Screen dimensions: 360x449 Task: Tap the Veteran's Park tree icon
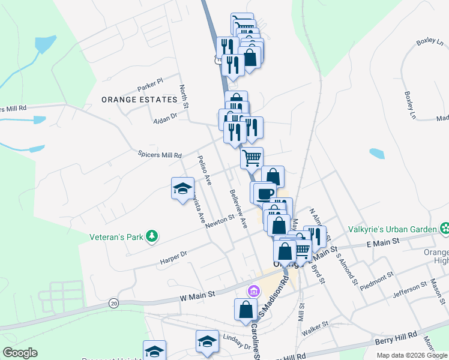(153, 236)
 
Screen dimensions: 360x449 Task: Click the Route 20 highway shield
(113, 304)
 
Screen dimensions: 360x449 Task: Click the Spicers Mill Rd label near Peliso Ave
(160, 155)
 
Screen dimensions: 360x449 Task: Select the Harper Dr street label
(173, 257)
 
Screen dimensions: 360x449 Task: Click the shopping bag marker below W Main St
(245, 309)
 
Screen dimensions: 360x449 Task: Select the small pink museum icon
(254, 292)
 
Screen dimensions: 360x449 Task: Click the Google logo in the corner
(20, 353)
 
